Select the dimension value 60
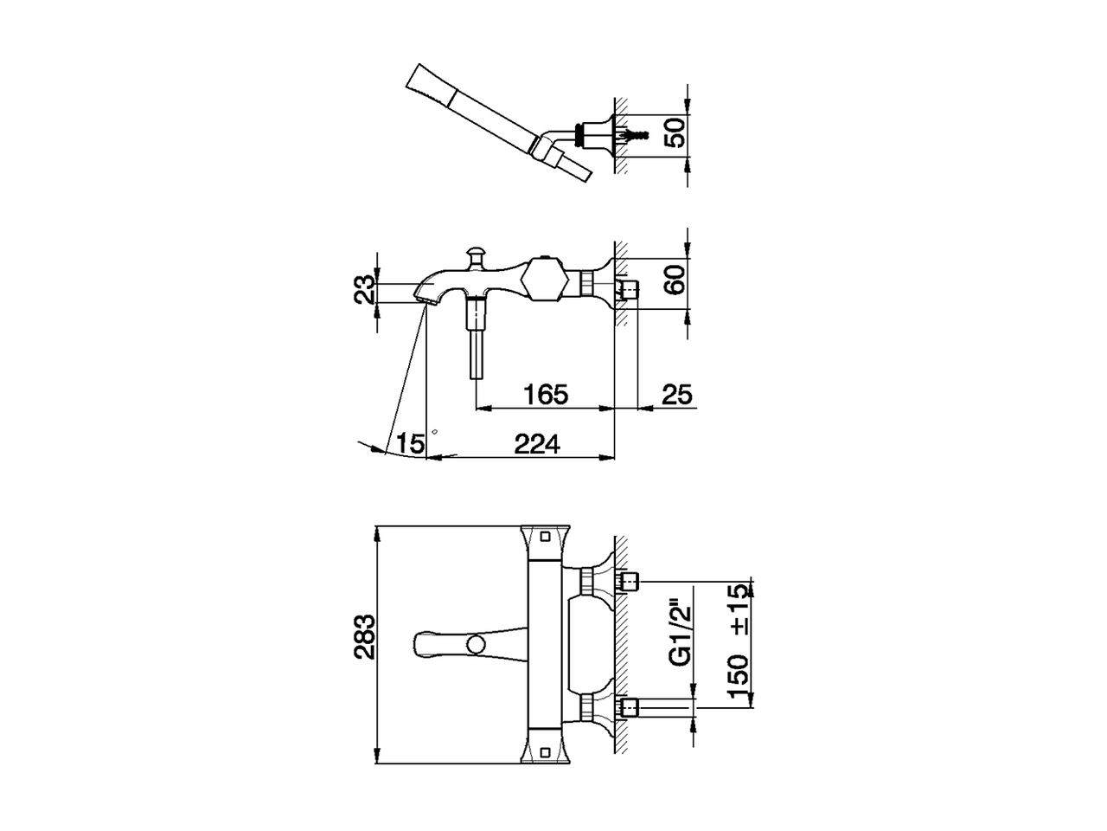(x=675, y=280)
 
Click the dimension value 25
(x=677, y=395)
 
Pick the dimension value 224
(x=537, y=444)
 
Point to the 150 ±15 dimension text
(x=738, y=642)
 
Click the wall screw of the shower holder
(x=638, y=136)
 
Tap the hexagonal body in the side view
(x=544, y=280)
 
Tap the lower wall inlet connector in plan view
(x=629, y=707)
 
